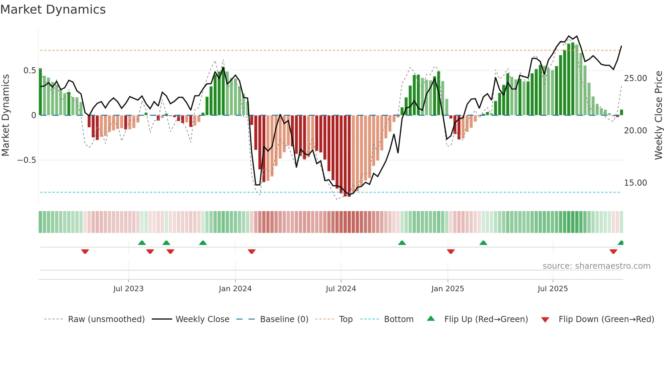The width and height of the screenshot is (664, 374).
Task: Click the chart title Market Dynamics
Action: coord(53,10)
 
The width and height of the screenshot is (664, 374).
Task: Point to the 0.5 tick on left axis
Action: coord(29,71)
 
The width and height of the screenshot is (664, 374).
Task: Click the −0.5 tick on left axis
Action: coord(27,160)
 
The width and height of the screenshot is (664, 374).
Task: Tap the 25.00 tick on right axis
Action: coord(635,78)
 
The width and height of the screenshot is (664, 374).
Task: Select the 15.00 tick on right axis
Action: coord(635,183)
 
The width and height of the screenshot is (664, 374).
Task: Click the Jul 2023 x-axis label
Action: coord(128,289)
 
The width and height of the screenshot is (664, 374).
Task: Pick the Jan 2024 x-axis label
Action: coord(235,289)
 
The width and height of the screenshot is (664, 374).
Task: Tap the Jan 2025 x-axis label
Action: coord(448,289)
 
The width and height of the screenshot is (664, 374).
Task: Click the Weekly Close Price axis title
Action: coord(658,115)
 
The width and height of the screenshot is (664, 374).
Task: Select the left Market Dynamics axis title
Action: coord(5,115)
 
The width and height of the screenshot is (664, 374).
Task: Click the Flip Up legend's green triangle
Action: coord(431,318)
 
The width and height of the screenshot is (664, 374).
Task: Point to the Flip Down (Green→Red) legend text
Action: coord(606,319)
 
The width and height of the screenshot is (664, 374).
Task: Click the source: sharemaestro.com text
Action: coord(596,266)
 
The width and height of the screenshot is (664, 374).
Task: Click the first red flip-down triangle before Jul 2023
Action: coord(85,251)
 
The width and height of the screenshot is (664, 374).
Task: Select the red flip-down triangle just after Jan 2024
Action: coord(251,251)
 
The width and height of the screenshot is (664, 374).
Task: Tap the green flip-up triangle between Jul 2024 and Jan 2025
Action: coord(402,243)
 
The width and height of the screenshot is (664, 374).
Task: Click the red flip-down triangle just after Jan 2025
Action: coord(451,251)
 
